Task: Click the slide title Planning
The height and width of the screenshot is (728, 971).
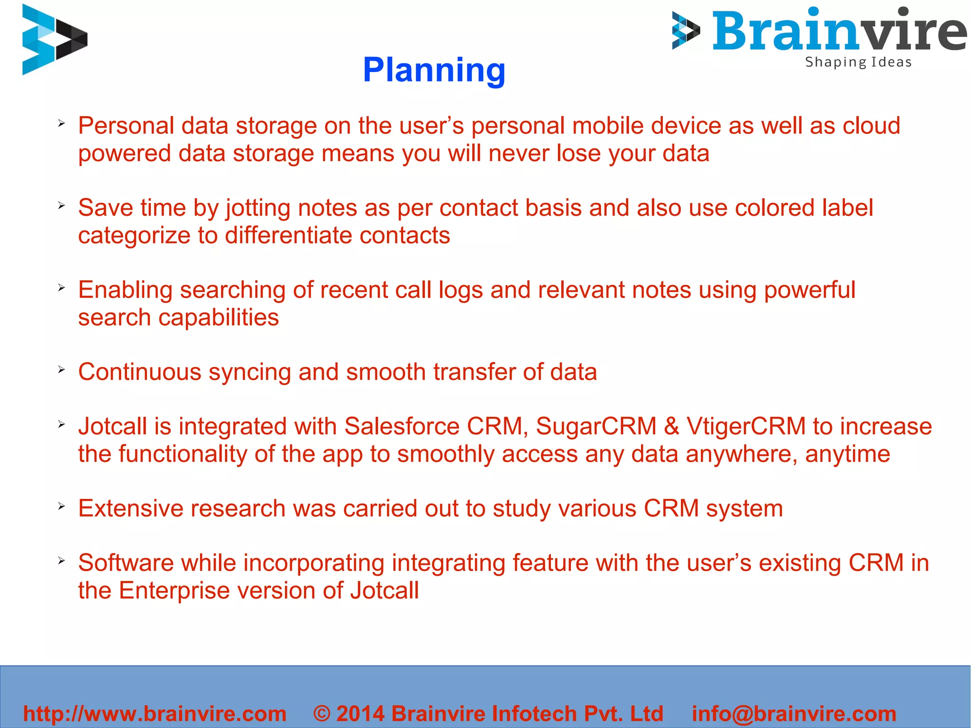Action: tap(434, 70)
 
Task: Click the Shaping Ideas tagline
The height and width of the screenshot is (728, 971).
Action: tap(858, 62)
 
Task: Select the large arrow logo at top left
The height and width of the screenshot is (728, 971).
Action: tap(54, 39)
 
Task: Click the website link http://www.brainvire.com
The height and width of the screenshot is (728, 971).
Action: tap(155, 713)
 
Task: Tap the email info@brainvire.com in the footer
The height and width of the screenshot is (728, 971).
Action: tap(794, 713)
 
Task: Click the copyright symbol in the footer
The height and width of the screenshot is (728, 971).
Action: tap(322, 713)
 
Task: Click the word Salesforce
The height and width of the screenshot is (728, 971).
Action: tap(402, 426)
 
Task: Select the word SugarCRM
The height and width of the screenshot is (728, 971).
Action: tap(595, 426)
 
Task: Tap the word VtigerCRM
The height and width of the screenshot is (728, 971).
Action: tap(746, 426)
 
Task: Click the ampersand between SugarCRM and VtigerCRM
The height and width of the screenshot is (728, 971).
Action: tap(671, 426)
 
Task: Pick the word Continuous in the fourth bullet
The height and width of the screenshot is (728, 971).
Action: tap(140, 372)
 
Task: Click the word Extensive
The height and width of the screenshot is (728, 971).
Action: tap(134, 508)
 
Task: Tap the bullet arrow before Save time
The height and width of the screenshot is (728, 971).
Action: tap(61, 205)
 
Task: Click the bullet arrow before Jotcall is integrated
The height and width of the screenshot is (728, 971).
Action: tap(61, 424)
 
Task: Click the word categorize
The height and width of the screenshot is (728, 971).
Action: tap(134, 236)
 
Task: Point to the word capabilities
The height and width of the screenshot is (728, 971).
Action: tap(219, 317)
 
